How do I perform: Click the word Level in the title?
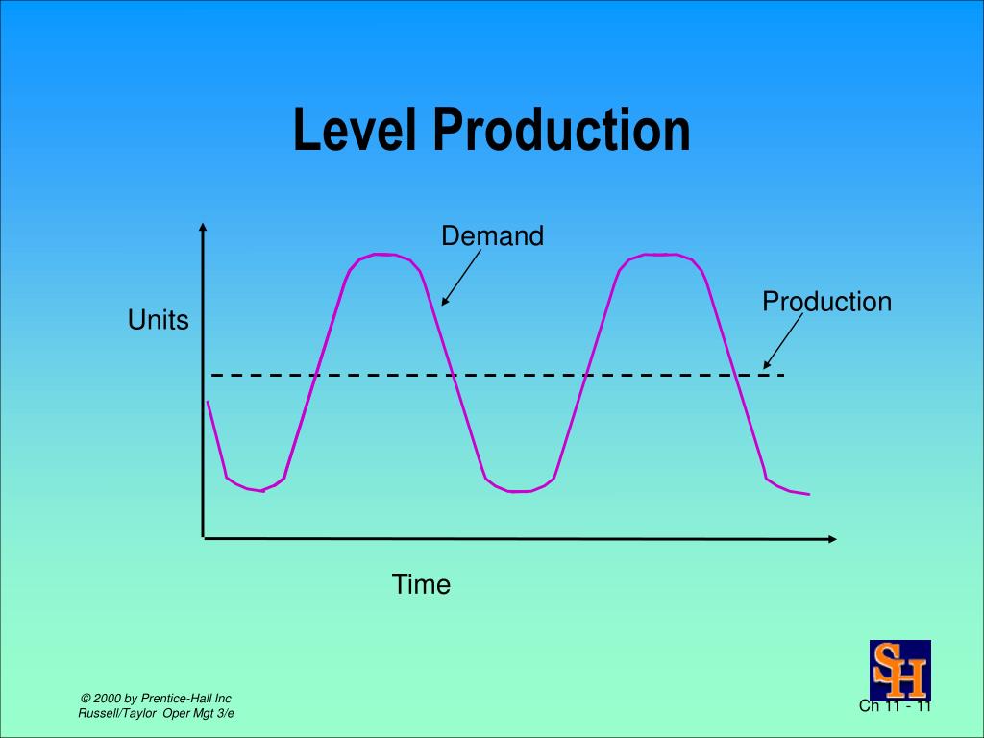356,131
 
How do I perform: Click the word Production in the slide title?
560,131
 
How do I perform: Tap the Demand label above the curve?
492,235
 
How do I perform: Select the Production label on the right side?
826,302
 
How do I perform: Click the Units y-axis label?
159,321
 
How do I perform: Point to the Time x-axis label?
421,584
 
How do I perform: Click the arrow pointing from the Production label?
782,342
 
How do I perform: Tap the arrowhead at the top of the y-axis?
203,229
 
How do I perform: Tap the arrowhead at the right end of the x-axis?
831,539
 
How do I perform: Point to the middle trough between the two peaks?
519,491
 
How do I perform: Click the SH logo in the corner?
899,670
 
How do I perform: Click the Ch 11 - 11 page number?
895,707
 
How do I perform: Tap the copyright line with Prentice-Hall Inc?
156,698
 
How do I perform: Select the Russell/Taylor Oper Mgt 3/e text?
156,713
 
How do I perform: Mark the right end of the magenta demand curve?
808,494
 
